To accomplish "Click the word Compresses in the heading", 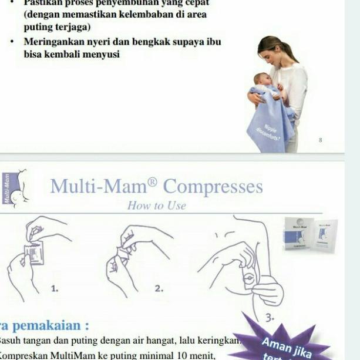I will [213, 186].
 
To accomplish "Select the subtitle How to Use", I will [156, 206].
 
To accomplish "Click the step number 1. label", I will [55, 288].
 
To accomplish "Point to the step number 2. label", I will [159, 288].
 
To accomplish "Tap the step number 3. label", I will [270, 317].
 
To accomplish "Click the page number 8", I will [320, 140].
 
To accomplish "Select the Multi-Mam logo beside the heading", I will [15, 187].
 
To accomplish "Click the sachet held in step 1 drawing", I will [35, 253].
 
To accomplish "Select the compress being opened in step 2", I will [125, 254].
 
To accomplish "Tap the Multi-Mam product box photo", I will [311, 234].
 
